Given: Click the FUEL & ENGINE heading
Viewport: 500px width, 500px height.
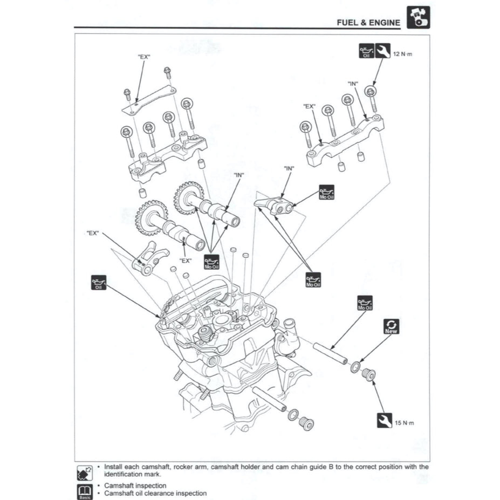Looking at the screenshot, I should [368, 23].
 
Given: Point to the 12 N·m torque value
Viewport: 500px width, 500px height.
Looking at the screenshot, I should [403, 54].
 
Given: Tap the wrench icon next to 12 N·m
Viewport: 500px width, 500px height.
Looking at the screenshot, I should [383, 51].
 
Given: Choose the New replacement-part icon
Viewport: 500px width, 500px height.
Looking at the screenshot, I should [391, 326].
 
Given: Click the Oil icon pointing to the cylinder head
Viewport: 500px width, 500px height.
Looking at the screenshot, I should [99, 282].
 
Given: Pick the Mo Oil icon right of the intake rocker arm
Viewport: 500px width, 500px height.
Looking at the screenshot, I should [326, 193].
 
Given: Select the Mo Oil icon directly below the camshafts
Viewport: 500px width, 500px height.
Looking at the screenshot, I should [212, 262].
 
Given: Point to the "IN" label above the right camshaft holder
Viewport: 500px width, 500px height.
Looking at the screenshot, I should [353, 84].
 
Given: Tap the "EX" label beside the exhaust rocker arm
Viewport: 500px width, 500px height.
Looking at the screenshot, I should [93, 233].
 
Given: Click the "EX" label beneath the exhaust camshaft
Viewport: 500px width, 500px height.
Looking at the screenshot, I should [186, 260].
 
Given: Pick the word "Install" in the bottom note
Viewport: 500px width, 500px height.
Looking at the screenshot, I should [114, 467].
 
